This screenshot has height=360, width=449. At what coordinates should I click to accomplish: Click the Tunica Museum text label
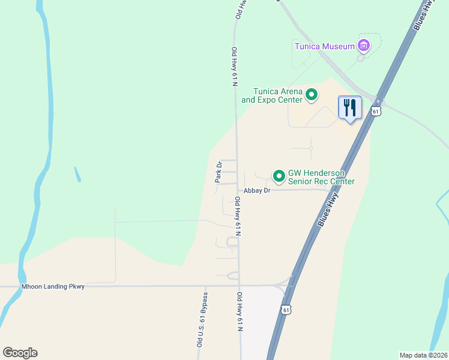tap(324, 46)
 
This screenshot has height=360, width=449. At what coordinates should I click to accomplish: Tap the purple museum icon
tap(363, 45)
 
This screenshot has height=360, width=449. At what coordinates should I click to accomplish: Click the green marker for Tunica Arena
tap(312, 94)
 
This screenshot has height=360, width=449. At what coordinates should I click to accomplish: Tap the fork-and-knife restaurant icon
tap(350, 108)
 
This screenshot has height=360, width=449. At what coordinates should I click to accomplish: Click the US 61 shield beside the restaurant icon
tap(376, 112)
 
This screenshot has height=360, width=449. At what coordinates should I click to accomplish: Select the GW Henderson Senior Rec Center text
tap(321, 177)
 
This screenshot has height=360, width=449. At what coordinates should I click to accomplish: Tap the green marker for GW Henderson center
tap(279, 176)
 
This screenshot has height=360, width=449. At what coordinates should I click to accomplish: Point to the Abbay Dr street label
tap(258, 190)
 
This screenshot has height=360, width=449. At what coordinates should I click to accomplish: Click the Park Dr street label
tap(219, 172)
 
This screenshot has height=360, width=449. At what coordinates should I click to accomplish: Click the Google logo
tap(20, 353)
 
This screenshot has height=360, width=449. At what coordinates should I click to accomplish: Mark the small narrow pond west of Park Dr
tap(77, 174)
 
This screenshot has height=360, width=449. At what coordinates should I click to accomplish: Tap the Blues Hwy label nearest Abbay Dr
tap(328, 209)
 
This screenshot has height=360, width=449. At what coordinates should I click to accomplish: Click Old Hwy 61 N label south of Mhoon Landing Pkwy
tap(240, 311)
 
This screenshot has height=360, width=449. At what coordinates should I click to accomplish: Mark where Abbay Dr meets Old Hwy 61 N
tap(238, 190)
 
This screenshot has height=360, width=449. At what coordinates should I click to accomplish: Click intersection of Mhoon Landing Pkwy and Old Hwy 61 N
tap(240, 286)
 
